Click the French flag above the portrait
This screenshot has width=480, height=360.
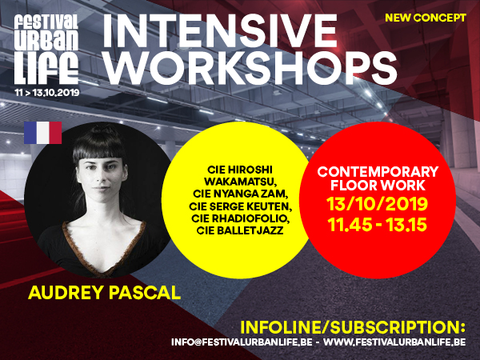[x=43, y=133]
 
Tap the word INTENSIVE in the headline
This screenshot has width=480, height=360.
[x=220, y=30]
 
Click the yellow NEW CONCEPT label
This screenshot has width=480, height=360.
[x=426, y=18]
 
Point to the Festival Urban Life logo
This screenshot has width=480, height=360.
[x=46, y=49]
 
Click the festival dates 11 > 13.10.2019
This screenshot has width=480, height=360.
[x=47, y=93]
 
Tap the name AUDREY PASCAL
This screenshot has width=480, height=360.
[x=104, y=292]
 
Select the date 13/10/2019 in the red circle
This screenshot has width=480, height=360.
[x=377, y=204]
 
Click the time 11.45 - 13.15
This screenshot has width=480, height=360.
[x=377, y=225]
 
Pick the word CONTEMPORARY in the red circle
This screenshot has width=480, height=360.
[x=378, y=172]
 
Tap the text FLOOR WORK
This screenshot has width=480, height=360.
[x=378, y=186]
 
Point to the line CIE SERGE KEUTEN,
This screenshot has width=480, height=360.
[x=241, y=206]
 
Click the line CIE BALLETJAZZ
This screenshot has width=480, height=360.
[x=240, y=230]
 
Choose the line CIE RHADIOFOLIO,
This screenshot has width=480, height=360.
[x=241, y=218]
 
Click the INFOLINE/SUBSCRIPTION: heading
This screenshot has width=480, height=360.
[x=353, y=327]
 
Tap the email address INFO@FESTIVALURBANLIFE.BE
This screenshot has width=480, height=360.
[x=242, y=342]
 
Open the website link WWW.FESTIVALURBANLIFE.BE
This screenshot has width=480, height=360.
[x=394, y=342]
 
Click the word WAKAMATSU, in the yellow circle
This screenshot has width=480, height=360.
[x=241, y=182]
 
